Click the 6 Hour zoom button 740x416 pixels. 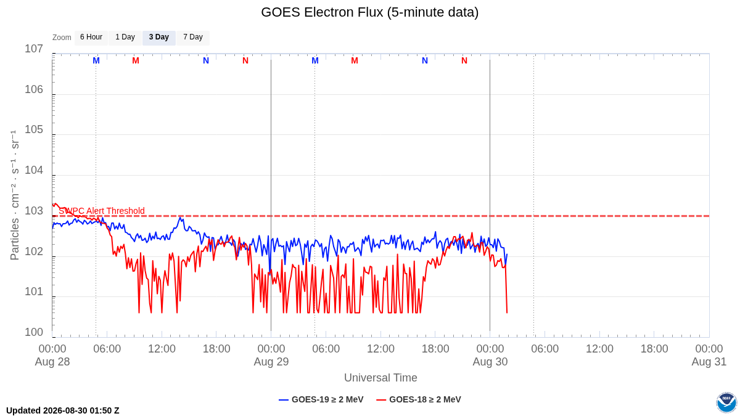click(91, 38)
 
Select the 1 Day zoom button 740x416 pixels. click(125, 38)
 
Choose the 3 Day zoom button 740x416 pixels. click(159, 38)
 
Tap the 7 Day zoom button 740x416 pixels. click(193, 38)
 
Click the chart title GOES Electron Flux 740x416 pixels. click(369, 12)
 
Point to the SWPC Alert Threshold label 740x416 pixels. click(102, 211)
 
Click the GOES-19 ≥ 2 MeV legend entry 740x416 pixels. click(321, 399)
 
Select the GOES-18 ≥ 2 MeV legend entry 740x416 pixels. click(419, 399)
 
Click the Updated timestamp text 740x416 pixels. click(63, 410)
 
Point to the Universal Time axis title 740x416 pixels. click(380, 377)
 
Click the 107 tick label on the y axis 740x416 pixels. click(34, 49)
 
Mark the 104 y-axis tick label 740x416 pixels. click(34, 170)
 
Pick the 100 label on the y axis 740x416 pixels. click(34, 332)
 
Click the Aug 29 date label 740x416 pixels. click(271, 362)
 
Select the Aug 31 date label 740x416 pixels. click(709, 362)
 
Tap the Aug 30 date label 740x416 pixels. click(490, 362)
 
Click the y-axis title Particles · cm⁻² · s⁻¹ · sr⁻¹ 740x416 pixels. click(14, 195)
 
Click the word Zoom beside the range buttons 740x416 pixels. click(62, 38)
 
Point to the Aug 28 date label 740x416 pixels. click(52, 362)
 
